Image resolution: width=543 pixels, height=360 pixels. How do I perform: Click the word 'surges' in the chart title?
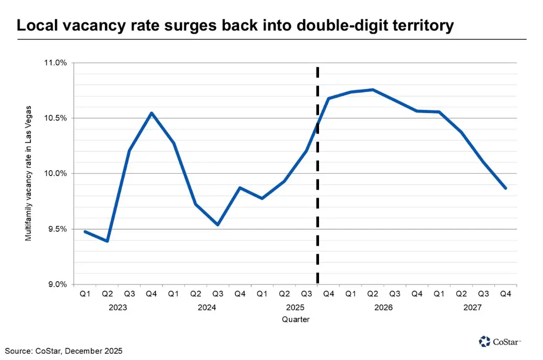[x=203, y=26]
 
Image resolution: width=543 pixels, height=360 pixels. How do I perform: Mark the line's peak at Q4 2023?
[x=151, y=113]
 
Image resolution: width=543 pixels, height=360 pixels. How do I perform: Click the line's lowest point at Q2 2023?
[x=107, y=241]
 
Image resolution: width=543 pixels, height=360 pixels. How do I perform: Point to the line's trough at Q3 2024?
[x=218, y=225]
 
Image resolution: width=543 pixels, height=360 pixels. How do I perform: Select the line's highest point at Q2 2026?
[x=372, y=90]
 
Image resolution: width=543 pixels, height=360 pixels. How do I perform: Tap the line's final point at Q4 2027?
[x=505, y=188]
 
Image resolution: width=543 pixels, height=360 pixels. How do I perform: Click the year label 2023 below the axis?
[x=118, y=308]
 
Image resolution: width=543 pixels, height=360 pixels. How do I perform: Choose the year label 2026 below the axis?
[x=384, y=308]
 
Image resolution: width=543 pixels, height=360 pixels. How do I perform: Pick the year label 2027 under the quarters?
[x=473, y=308]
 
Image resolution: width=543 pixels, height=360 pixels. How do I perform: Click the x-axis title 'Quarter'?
[x=296, y=319]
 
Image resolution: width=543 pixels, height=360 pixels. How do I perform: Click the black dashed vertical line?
[x=317, y=209]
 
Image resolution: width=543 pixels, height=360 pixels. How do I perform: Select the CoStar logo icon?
[x=485, y=342]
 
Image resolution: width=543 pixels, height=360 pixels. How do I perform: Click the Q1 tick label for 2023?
[x=85, y=295]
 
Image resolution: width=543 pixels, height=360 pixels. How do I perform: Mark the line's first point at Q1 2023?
[x=85, y=231]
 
